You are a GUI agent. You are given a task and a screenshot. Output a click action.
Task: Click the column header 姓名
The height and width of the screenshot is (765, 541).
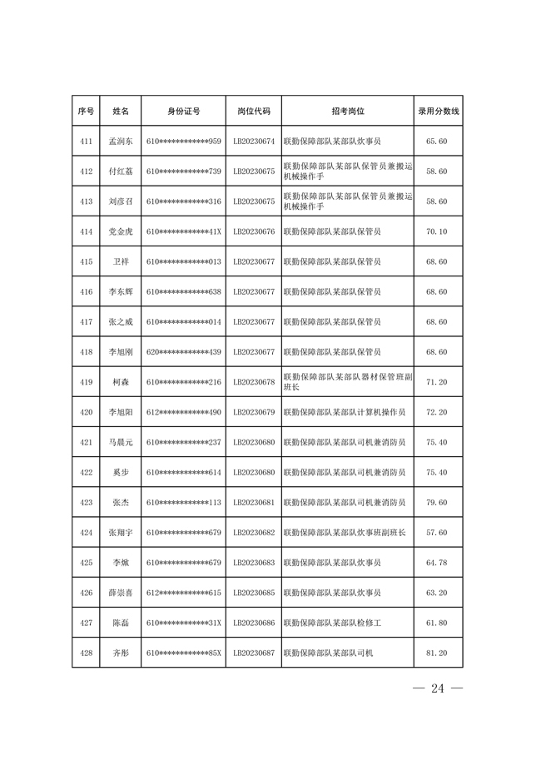pyautogui.click(x=121, y=111)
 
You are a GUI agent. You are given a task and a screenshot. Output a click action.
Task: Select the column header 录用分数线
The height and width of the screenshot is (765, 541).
pyautogui.click(x=438, y=111)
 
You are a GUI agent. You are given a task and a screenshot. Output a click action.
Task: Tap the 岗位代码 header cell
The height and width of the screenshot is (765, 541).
pyautogui.click(x=254, y=111)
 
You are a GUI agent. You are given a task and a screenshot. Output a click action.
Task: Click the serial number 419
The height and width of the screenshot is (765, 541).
pyautogui.click(x=86, y=382)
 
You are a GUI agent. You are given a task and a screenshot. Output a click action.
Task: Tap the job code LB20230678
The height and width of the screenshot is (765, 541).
pyautogui.click(x=254, y=382)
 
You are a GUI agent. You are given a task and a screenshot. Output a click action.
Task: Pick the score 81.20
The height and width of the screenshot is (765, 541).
pyautogui.click(x=437, y=653)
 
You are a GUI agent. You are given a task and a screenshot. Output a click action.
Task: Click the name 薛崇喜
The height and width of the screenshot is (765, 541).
pyautogui.click(x=121, y=593)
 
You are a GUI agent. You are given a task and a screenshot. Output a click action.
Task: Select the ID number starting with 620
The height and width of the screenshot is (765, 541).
pyautogui.click(x=183, y=352)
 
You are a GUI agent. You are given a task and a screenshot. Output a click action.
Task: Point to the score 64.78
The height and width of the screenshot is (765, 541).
pyautogui.click(x=437, y=563)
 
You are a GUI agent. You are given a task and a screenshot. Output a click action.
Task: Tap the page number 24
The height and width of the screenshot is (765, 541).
pyautogui.click(x=439, y=688)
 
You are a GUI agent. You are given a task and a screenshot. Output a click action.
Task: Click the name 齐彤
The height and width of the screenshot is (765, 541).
pyautogui.click(x=121, y=653)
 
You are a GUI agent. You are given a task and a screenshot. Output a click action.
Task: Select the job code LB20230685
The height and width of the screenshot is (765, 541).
pyautogui.click(x=254, y=593)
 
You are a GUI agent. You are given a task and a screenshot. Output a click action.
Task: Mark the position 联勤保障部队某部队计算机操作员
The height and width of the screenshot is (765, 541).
pyautogui.click(x=345, y=412)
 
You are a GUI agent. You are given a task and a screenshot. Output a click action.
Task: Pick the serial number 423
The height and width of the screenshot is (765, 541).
pyautogui.click(x=86, y=503)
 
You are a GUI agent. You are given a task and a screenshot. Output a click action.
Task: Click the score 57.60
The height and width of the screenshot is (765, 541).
pyautogui.click(x=437, y=533)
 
